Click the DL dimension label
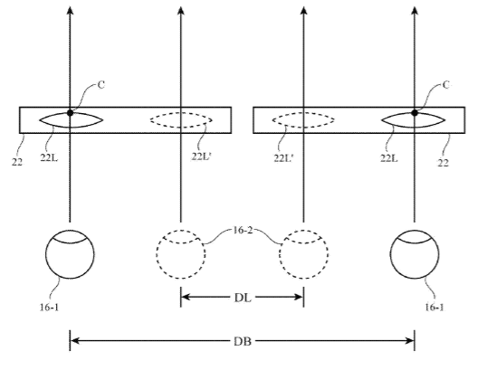pyautogui.click(x=243, y=298)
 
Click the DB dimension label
pyautogui.click(x=243, y=341)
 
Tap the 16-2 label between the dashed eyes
pyautogui.click(x=243, y=231)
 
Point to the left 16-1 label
pyautogui.click(x=49, y=308)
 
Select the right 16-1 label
pyautogui.click(x=434, y=308)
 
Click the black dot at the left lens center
pyautogui.click(x=71, y=113)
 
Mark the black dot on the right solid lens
pyautogui.click(x=415, y=113)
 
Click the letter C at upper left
pyautogui.click(x=101, y=85)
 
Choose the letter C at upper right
pyautogui.click(x=445, y=85)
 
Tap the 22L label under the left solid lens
pyautogui.click(x=49, y=157)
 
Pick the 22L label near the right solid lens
pyautogui.click(x=389, y=158)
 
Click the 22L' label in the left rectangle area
pyautogui.click(x=202, y=157)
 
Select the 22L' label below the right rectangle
pyautogui.click(x=284, y=158)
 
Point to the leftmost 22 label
pyautogui.click(x=17, y=162)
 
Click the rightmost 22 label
pyautogui.click(x=443, y=163)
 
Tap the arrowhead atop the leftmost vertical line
pyautogui.click(x=71, y=10)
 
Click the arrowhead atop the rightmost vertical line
pyautogui.click(x=415, y=10)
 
